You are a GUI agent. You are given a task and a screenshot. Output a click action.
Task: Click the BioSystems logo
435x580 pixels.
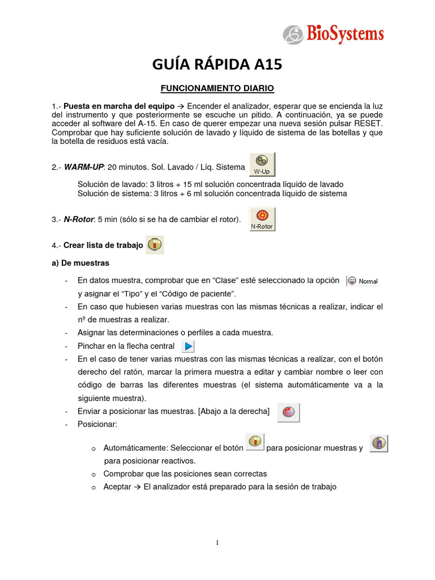(334, 35)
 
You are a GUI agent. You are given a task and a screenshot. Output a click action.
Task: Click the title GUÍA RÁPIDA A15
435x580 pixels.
(217, 65)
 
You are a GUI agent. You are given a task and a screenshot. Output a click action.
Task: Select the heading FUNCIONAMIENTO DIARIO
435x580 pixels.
(217, 88)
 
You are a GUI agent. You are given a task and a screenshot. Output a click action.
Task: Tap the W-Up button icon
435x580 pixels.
(262, 164)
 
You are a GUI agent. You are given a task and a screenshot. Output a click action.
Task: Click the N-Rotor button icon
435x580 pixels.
(262, 219)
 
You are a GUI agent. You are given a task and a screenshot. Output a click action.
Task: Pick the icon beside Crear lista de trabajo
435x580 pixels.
(155, 245)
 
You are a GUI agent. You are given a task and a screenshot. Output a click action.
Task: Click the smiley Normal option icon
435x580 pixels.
(362, 280)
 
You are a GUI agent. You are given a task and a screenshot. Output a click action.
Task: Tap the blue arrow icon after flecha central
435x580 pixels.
(189, 346)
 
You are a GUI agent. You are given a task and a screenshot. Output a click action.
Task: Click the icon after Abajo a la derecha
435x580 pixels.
(289, 412)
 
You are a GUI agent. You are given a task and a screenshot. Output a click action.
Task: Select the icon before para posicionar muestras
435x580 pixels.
(255, 442)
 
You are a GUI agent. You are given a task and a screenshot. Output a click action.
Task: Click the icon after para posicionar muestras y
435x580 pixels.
(379, 443)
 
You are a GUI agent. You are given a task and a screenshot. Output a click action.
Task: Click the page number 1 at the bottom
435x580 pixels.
(217, 543)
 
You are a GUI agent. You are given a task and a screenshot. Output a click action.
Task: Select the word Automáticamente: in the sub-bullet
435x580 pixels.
(135, 448)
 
